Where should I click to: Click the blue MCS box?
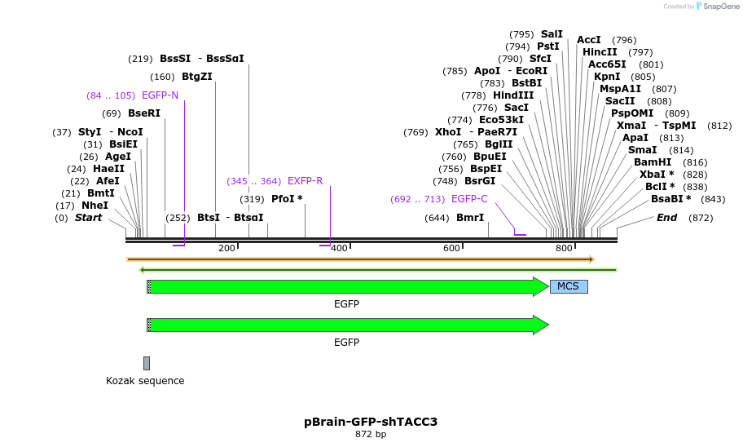[569, 286]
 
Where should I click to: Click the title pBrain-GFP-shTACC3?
[371, 422]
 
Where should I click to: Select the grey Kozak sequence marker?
[147, 363]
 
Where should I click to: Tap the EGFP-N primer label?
[160, 95]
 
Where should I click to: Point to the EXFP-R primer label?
[305, 181]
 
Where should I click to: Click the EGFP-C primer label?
[469, 199]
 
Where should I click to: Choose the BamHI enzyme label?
[653, 162]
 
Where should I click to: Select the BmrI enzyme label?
[470, 218]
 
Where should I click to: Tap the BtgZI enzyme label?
[196, 77]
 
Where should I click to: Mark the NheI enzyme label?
[95, 206]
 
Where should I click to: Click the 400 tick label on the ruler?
[339, 248]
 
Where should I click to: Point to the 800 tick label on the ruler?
[564, 248]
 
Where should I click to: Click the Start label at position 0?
[89, 218]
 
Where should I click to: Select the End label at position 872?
[666, 218]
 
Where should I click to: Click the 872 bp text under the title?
[371, 435]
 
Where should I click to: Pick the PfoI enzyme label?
[287, 199]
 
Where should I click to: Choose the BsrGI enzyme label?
[480, 181]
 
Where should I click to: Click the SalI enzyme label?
[552, 34]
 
